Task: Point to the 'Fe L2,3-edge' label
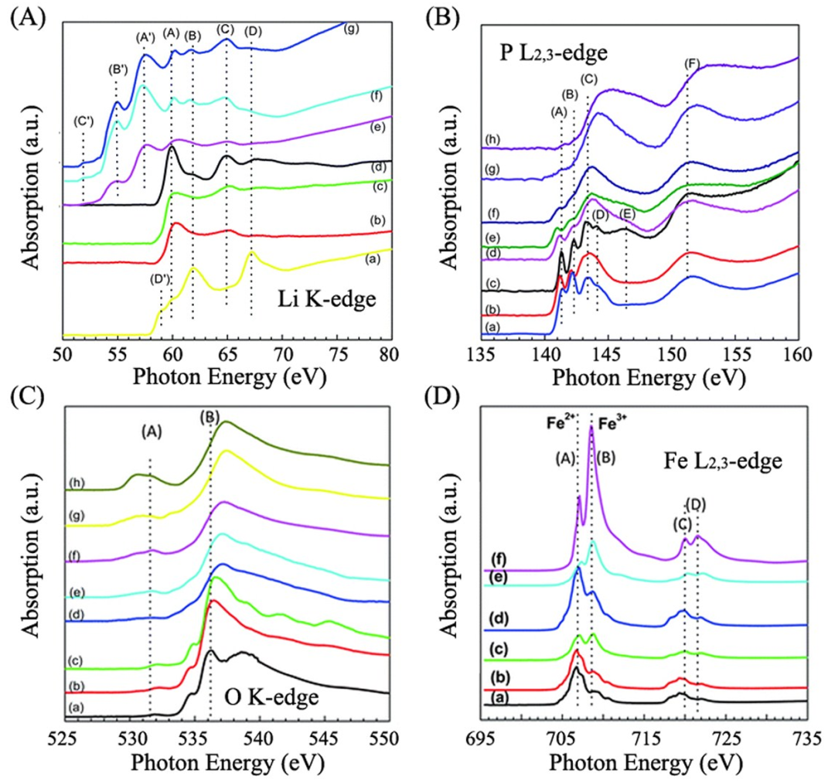coord(724,463)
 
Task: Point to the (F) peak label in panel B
coord(692,63)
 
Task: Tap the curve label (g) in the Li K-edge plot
coord(353,29)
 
